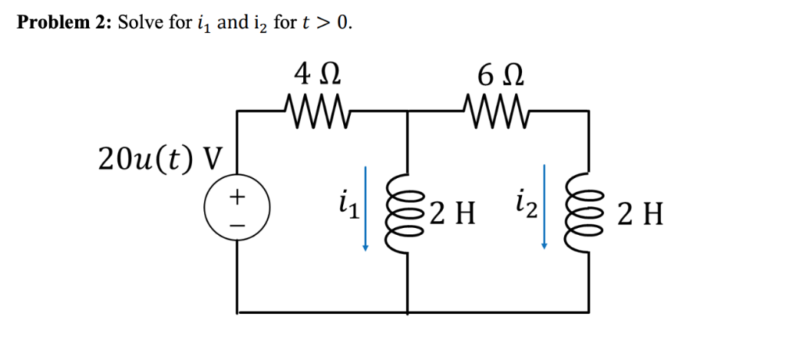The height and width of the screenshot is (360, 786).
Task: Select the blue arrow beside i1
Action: [365, 207]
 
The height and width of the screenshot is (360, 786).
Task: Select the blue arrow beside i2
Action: [544, 207]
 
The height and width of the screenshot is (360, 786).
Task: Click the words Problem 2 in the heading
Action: [64, 22]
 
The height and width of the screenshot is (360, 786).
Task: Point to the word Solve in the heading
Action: [140, 22]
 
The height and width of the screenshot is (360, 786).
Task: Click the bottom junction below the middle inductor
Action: [408, 312]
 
